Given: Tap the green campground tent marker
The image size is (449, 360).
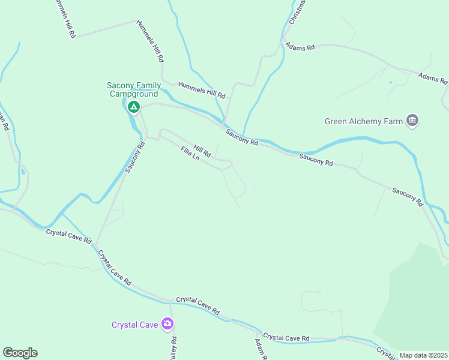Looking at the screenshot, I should (x=133, y=108).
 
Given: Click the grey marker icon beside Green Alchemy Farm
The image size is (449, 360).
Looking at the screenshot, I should (x=412, y=121).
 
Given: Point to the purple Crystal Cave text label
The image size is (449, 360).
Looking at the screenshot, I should (x=134, y=325).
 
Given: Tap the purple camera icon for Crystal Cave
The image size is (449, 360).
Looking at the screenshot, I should (x=167, y=324).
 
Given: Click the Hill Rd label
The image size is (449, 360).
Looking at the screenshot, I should (x=202, y=150).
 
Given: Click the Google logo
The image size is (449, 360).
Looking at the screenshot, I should (x=20, y=353).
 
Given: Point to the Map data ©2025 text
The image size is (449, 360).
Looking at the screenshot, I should (x=423, y=355).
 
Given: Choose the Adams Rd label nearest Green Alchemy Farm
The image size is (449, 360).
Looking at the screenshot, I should (x=433, y=78).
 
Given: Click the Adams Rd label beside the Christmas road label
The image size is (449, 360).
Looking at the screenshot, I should (x=300, y=46).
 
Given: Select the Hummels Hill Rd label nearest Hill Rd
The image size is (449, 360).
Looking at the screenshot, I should (x=201, y=90).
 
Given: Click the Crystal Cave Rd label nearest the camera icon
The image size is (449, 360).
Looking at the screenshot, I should (x=197, y=307).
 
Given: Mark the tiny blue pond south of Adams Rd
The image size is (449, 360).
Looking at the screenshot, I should (x=390, y=82).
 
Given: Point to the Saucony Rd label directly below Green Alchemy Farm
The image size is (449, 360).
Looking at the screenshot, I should (x=316, y=159).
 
